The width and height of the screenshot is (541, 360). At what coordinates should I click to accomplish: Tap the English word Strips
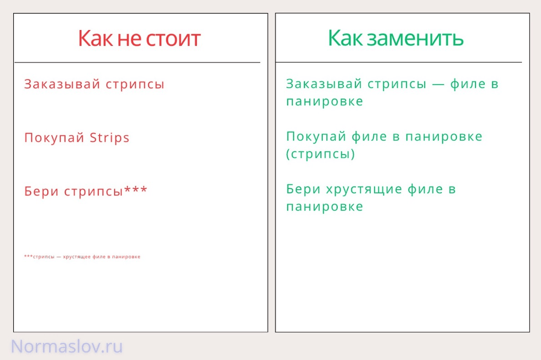tap(110, 138)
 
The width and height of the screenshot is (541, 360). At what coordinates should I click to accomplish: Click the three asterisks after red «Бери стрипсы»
tap(136, 191)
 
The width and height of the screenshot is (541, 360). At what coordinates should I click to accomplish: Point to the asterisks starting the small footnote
tap(28, 256)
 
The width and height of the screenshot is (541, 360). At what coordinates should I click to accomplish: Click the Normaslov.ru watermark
tap(67, 347)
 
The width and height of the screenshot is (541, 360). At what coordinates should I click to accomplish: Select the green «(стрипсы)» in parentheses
tap(321, 154)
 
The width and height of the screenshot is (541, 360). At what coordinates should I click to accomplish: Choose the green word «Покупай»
tap(317, 136)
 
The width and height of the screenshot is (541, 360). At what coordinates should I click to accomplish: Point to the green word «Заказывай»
tap(324, 84)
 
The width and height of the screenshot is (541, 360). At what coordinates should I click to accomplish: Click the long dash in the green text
tap(438, 85)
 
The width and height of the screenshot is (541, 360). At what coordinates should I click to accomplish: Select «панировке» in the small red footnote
tap(128, 257)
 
